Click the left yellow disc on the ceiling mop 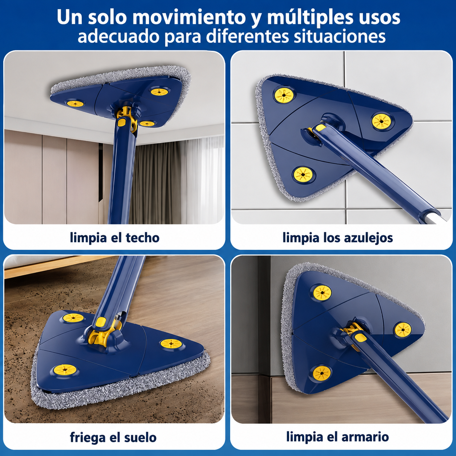point(75,103)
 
